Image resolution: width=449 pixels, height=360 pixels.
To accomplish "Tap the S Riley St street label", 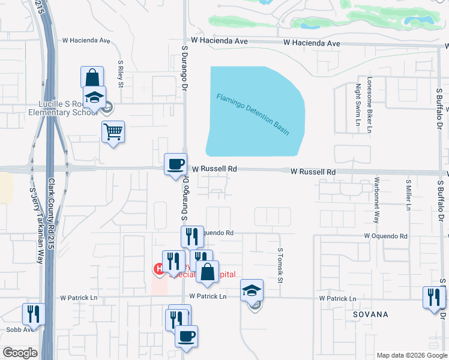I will (x=121, y=74).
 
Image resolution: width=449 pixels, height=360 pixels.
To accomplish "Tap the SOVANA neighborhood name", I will (x=370, y=314).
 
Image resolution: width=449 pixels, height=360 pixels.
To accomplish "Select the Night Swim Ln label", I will (x=358, y=106).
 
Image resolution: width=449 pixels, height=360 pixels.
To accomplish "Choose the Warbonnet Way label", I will (x=376, y=200).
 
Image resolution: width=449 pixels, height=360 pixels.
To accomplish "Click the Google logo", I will (x=20, y=353).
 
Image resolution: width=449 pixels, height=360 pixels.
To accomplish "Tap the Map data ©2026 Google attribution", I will (x=412, y=355).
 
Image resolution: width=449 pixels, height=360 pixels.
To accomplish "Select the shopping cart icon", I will (x=113, y=131).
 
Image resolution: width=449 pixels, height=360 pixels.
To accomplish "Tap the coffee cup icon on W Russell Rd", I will (x=176, y=164).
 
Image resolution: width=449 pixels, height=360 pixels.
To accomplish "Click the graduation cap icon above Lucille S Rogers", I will (x=94, y=97).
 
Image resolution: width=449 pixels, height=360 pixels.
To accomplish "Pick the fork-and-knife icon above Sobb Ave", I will (x=34, y=313).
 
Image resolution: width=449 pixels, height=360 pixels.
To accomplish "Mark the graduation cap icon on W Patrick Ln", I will (x=252, y=291).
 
